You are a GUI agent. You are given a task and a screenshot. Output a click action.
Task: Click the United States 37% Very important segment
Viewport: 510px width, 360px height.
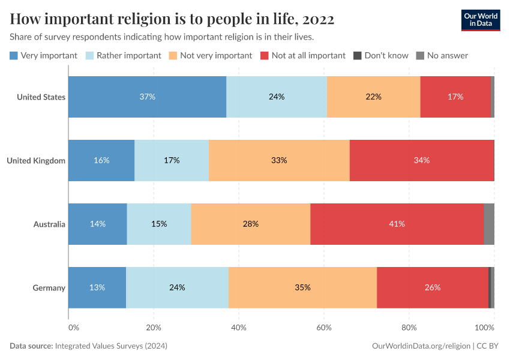(x=147, y=97)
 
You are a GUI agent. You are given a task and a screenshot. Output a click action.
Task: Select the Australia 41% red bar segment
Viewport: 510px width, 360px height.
(x=397, y=224)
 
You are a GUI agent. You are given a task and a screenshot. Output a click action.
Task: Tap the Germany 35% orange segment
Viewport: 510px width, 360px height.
(x=302, y=287)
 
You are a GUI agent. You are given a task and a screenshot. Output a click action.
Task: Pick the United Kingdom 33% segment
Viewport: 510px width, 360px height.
(x=279, y=160)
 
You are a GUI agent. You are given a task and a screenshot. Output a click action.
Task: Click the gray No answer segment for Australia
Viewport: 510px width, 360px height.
(x=488, y=224)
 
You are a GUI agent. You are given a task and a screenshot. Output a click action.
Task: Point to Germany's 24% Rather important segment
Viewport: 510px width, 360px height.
(x=177, y=287)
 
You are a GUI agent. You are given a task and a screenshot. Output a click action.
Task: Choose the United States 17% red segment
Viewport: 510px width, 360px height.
(x=455, y=97)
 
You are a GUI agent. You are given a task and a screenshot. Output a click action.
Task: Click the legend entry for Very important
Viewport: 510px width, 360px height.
(x=44, y=56)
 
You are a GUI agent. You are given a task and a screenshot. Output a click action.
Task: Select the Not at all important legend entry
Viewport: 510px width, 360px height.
(x=303, y=56)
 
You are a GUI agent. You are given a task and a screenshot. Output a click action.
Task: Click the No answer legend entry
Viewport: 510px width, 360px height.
(x=442, y=56)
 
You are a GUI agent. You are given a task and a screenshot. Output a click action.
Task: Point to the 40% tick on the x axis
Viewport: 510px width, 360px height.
(x=239, y=328)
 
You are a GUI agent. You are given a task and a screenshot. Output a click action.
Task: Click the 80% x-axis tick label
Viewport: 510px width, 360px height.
(x=409, y=328)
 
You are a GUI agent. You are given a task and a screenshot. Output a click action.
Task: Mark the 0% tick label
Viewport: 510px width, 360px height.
(x=73, y=328)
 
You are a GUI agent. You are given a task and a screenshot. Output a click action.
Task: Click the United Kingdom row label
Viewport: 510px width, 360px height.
(x=35, y=161)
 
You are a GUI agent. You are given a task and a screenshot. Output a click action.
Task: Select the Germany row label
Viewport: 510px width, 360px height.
(x=49, y=288)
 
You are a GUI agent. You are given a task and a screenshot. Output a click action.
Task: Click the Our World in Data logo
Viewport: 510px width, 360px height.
(x=480, y=20)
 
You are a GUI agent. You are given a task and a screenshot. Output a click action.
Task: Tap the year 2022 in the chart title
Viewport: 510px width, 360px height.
(x=318, y=19)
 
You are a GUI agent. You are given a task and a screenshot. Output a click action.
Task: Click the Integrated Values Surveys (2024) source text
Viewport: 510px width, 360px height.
(x=110, y=346)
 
